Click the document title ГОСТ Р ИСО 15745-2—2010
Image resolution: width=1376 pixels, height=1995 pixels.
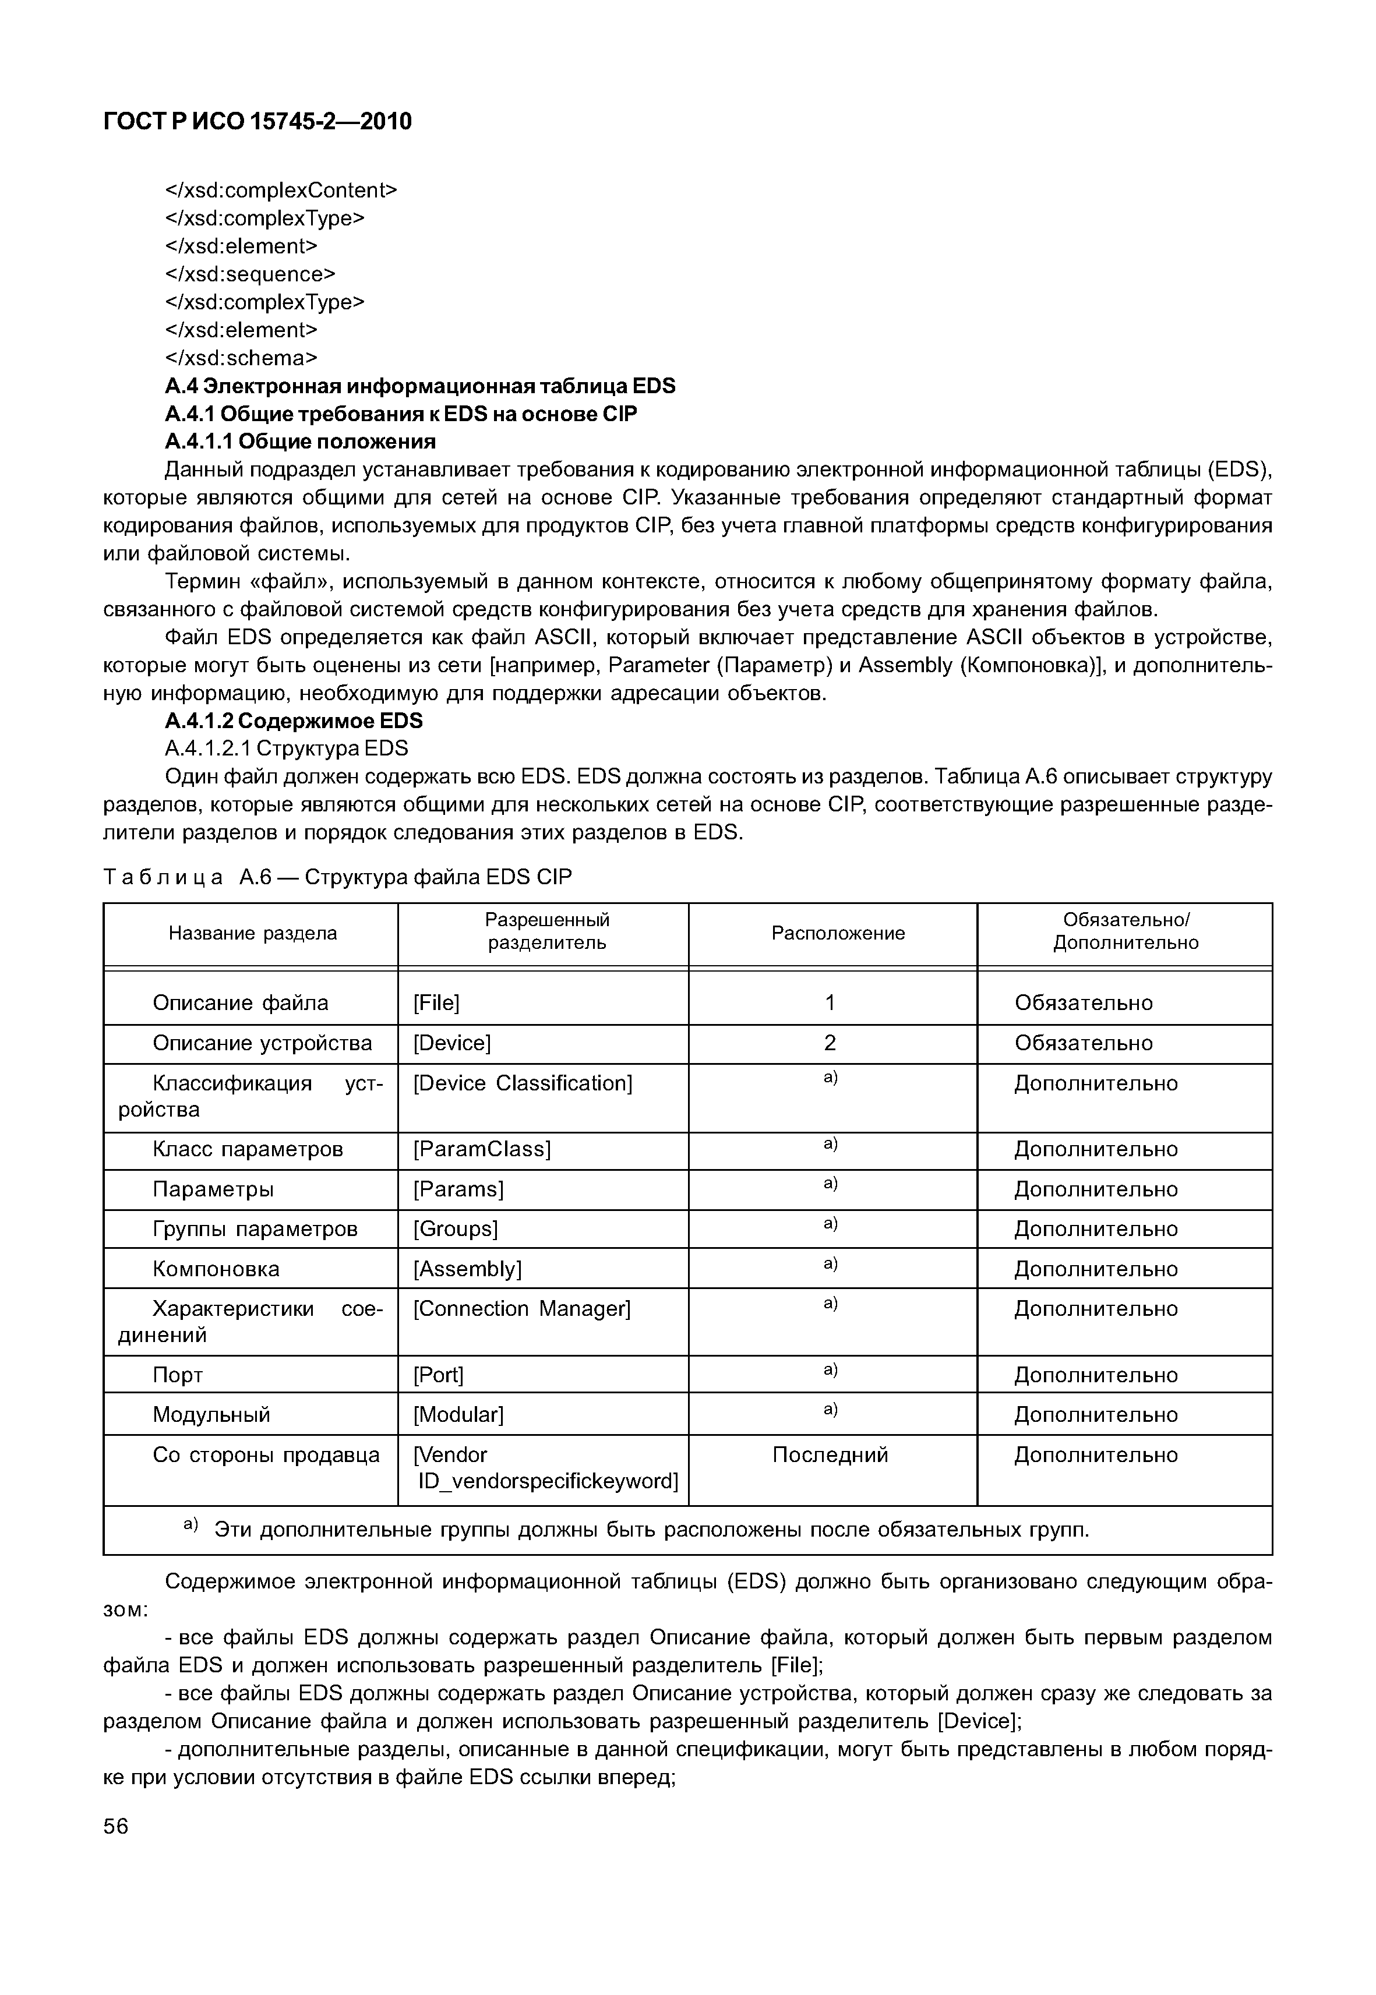(257, 122)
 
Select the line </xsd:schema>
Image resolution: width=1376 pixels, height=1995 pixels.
(241, 358)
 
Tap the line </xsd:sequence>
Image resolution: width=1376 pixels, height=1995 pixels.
(249, 274)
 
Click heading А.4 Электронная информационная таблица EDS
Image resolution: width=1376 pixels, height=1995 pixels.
(420, 386)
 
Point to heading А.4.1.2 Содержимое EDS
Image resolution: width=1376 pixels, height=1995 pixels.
(293, 720)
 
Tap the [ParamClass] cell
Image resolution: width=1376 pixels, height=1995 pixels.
(481, 1149)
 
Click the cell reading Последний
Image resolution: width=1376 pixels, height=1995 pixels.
(830, 1455)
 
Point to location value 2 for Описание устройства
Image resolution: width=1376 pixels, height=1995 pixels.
(830, 1043)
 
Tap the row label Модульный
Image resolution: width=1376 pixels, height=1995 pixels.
(211, 1415)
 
